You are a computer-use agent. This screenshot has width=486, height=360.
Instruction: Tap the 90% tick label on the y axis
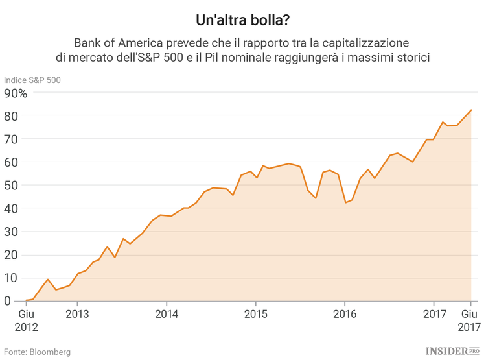point(16,93)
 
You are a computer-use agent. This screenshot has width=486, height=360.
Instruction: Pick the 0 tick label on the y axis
point(8,301)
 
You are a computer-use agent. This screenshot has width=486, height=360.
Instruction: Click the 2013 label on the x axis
point(77,313)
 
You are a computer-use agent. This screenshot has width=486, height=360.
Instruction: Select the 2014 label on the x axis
point(167,313)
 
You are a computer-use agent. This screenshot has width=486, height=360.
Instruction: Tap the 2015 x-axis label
point(255,313)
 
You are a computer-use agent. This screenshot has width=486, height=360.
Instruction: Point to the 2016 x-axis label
point(344,313)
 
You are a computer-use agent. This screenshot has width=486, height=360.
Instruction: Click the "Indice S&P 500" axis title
point(32,80)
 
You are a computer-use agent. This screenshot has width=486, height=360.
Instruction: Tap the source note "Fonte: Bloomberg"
point(37,352)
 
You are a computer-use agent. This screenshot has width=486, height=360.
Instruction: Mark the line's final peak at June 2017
point(471,110)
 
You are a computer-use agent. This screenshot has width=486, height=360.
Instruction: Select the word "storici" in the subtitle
point(411,58)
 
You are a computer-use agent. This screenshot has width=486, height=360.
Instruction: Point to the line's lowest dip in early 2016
point(346,202)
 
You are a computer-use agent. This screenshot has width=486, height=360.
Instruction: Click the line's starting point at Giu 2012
point(26,300)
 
